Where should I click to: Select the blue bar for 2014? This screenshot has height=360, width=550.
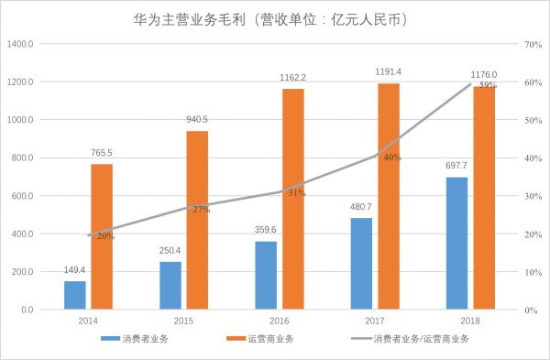coord(75,295)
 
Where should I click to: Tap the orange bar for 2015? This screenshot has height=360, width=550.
coord(197,220)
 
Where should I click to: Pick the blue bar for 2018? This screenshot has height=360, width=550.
coord(456,243)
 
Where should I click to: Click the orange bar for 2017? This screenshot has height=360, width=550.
coord(388,196)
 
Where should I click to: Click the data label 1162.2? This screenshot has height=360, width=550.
coord(293,78)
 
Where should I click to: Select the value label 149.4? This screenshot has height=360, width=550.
coord(75,271)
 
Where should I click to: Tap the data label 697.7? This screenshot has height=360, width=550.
coord(456,167)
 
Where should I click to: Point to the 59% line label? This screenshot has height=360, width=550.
coord(487,85)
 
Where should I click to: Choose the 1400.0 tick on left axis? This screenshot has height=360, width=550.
coord(21,44)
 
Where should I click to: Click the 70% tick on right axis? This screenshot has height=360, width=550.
coord(530,44)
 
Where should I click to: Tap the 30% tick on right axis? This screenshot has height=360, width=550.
coord(530,196)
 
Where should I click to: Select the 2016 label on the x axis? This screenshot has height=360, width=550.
coord(279,322)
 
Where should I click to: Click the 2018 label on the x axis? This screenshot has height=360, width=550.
coord(468,322)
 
